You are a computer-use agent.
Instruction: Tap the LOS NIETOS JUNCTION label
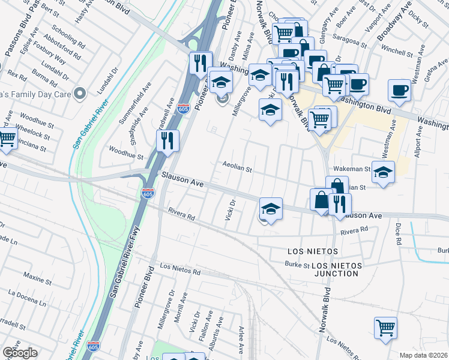pos(335,269)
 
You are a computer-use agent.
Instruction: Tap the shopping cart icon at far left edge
pos(6,139)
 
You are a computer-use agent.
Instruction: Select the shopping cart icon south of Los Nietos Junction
pos(385,328)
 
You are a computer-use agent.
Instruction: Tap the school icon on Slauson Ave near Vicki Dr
pos(271,208)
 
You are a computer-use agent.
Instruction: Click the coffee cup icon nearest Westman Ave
pos(399,91)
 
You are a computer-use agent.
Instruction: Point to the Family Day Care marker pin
pos(79,93)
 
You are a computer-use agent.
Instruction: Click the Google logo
pos(20,353)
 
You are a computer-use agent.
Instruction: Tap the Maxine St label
pos(38,278)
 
